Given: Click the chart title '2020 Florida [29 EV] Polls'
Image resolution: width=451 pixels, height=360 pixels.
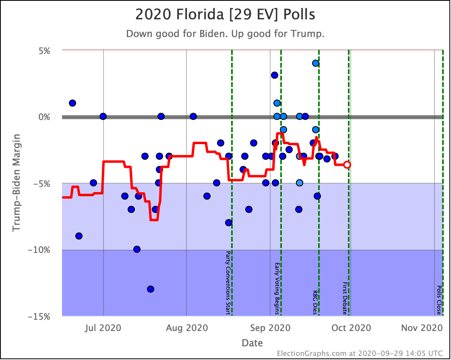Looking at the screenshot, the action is tap(225, 15).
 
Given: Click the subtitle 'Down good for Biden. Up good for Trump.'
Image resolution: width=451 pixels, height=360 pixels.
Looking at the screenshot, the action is tap(225, 34).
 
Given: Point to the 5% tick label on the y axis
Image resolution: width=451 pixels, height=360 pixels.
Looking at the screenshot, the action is tap(43, 51).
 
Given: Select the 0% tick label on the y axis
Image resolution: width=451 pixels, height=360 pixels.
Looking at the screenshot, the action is tap(43, 117).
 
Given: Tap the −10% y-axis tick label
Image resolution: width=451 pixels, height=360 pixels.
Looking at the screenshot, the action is tap(39, 250).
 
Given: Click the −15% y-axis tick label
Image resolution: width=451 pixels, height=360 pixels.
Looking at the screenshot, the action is tap(39, 317).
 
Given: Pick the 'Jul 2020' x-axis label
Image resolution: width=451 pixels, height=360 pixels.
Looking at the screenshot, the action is tap(103, 328).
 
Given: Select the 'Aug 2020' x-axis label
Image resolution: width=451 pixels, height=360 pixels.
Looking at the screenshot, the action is tap(187, 328).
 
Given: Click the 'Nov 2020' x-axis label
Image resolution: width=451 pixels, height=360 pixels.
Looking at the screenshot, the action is tap(422, 328).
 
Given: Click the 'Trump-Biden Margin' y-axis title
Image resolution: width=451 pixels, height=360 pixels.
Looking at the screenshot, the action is tap(17, 182).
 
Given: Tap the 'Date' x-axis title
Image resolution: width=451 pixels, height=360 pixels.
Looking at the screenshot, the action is tap(252, 343).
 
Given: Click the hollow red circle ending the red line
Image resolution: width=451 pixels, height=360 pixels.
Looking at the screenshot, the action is tap(347, 165).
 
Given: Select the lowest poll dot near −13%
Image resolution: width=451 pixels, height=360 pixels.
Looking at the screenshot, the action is tap(151, 289).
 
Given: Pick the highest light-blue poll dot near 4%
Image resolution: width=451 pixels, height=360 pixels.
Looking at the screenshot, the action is tap(316, 63).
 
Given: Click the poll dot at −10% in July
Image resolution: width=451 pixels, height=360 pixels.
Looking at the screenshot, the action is tap(137, 249).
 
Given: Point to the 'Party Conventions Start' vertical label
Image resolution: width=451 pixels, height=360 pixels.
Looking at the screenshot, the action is tap(228, 283).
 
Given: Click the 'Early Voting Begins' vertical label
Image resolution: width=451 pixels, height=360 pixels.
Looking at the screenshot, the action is tap(277, 288).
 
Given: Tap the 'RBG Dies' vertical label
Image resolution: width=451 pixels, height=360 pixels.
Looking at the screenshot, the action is tap(315, 302).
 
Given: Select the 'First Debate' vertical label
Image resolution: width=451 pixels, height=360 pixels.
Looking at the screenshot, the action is tap(345, 298).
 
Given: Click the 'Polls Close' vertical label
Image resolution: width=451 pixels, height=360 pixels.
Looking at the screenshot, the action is tap(439, 300).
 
